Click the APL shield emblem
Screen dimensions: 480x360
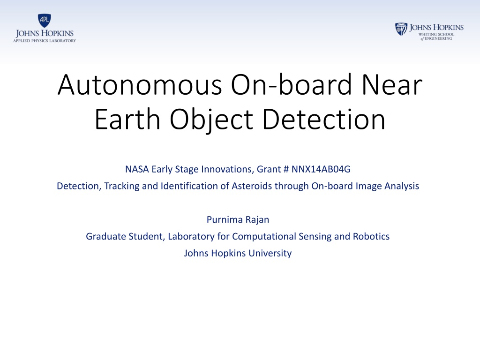pos(45,21)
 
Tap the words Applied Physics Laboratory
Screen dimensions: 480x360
pos(45,41)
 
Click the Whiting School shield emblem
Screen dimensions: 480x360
pos(401,29)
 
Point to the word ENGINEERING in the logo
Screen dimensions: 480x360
pos(438,38)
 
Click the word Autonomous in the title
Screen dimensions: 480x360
pos(140,85)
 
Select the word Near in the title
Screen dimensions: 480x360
pos(392,85)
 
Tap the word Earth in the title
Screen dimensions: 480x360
pos(127,119)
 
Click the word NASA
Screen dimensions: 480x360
pos(137,169)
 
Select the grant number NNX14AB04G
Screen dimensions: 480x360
pos(321,169)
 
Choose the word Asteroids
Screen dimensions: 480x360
pos(252,186)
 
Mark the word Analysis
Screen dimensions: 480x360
pos(402,186)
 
